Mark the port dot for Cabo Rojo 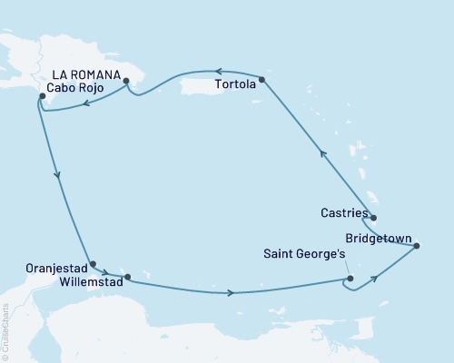click(37, 95)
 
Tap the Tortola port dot click(262, 81)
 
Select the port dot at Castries click(372, 218)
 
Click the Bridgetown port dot click(417, 245)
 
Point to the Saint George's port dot click(350, 280)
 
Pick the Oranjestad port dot click(93, 264)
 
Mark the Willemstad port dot click(127, 277)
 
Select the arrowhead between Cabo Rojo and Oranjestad click(58, 176)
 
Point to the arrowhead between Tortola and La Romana click(218, 71)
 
